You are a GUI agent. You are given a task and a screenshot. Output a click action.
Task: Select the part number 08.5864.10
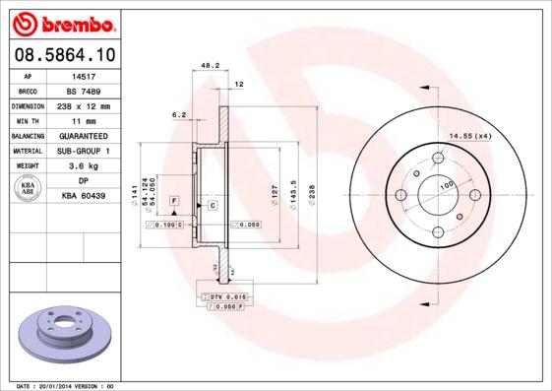[63, 55]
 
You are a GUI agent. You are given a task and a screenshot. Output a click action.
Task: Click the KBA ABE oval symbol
[29, 189]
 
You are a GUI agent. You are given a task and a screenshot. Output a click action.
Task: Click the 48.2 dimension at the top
[209, 66]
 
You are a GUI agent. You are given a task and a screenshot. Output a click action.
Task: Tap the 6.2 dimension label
[179, 115]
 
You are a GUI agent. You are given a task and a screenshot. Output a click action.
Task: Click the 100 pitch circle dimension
[446, 184]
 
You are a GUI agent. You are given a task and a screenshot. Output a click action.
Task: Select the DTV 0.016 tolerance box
[227, 295]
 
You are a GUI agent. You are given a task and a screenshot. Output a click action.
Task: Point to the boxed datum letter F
[174, 200]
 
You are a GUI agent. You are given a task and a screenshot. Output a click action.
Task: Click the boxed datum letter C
[212, 204]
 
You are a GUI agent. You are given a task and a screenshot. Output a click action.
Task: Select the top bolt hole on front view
[437, 159]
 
